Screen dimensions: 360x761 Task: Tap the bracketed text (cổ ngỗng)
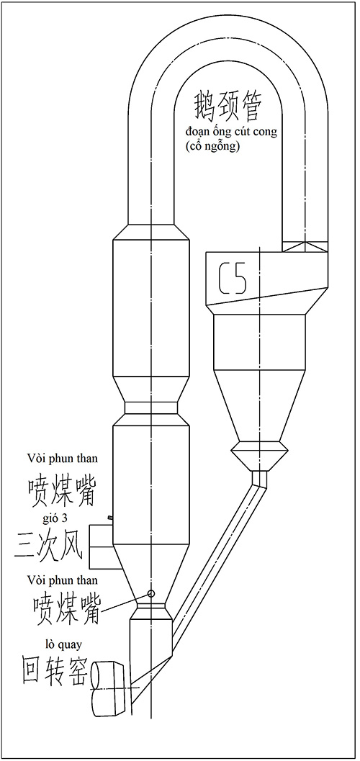[212, 147]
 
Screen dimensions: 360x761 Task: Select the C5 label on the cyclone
[233, 279]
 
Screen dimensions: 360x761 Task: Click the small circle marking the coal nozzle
[151, 593]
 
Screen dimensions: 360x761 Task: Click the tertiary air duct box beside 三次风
[102, 546]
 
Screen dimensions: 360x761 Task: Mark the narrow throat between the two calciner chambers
[151, 407]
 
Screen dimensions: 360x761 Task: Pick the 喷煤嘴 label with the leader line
[66, 608]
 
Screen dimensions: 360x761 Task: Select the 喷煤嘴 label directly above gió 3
[62, 490]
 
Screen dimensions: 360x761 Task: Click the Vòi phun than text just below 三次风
[63, 580]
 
